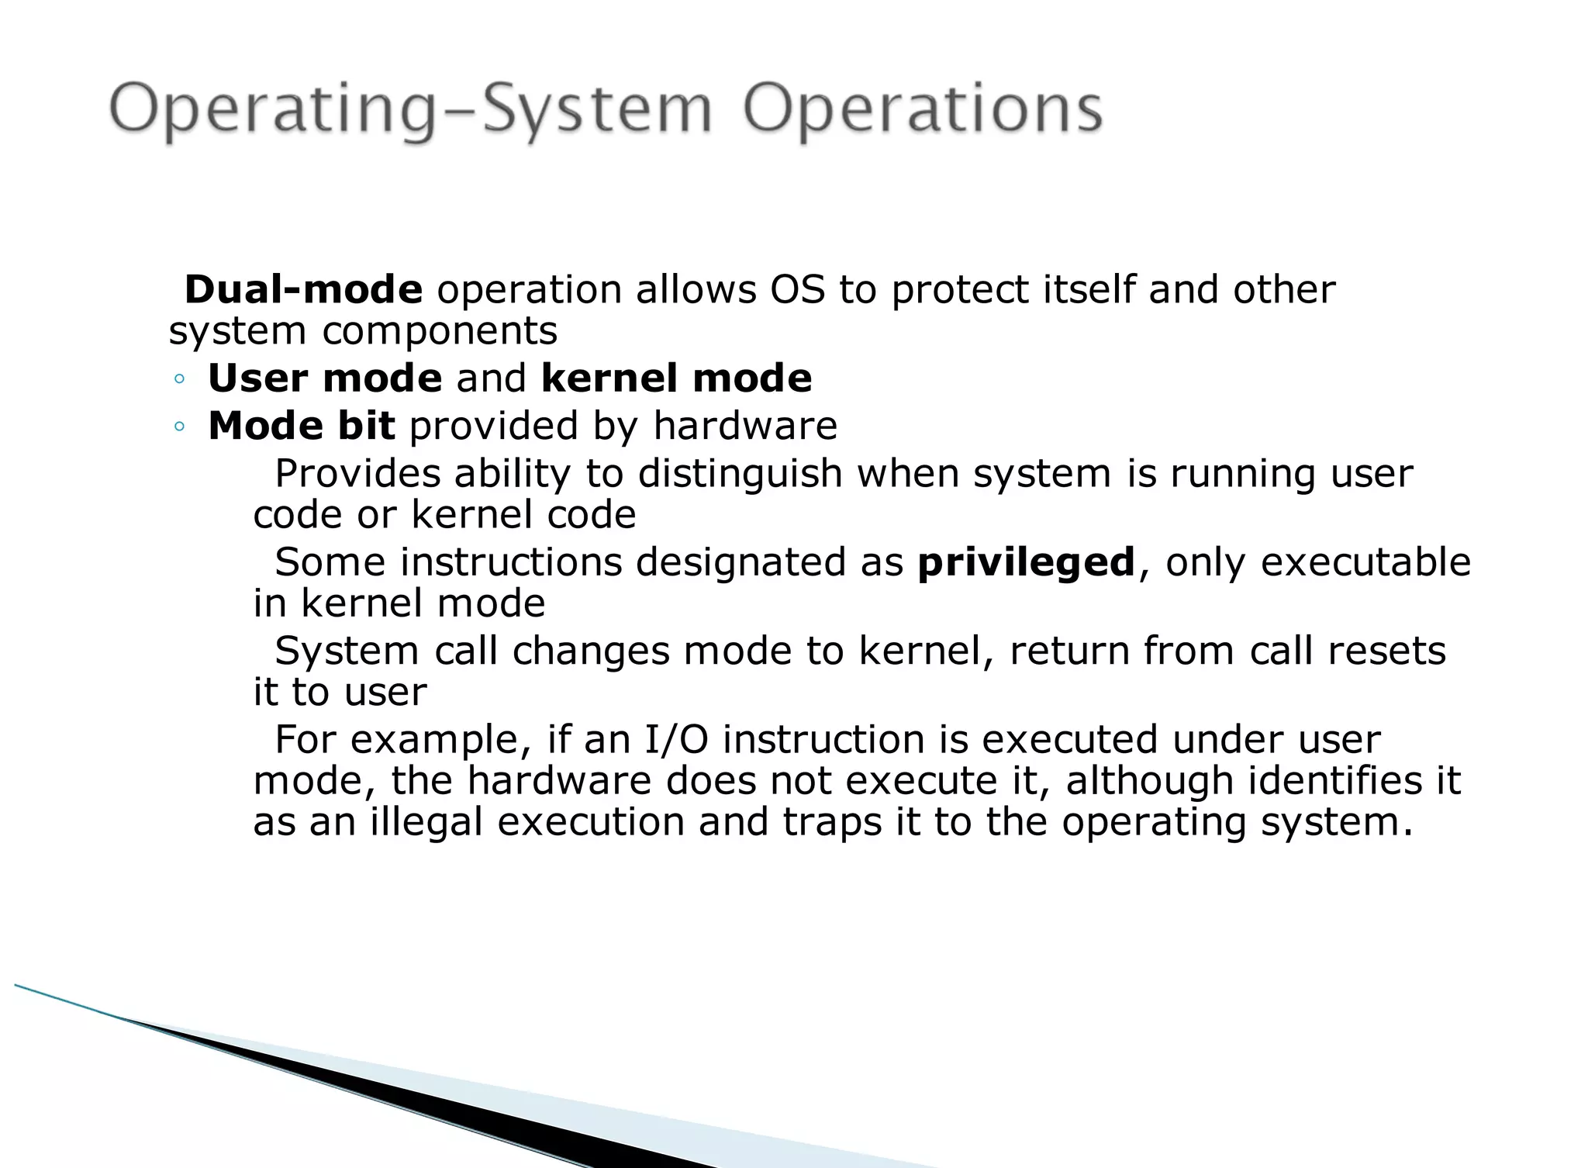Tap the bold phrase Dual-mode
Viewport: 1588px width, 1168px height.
[303, 290]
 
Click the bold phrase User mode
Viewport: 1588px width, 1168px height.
[325, 378]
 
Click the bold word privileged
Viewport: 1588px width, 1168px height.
[1026, 562]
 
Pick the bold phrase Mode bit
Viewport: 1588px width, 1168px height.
[302, 426]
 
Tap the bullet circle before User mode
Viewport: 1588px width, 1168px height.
[180, 379]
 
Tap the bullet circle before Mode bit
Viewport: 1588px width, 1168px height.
[180, 427]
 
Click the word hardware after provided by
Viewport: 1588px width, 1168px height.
[745, 426]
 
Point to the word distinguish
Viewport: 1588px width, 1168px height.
[740, 474]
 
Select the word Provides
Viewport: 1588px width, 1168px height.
[357, 474]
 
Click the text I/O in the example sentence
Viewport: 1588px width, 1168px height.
[676, 740]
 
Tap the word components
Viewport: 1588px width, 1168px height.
[440, 331]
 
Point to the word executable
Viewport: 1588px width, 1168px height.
[1365, 562]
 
